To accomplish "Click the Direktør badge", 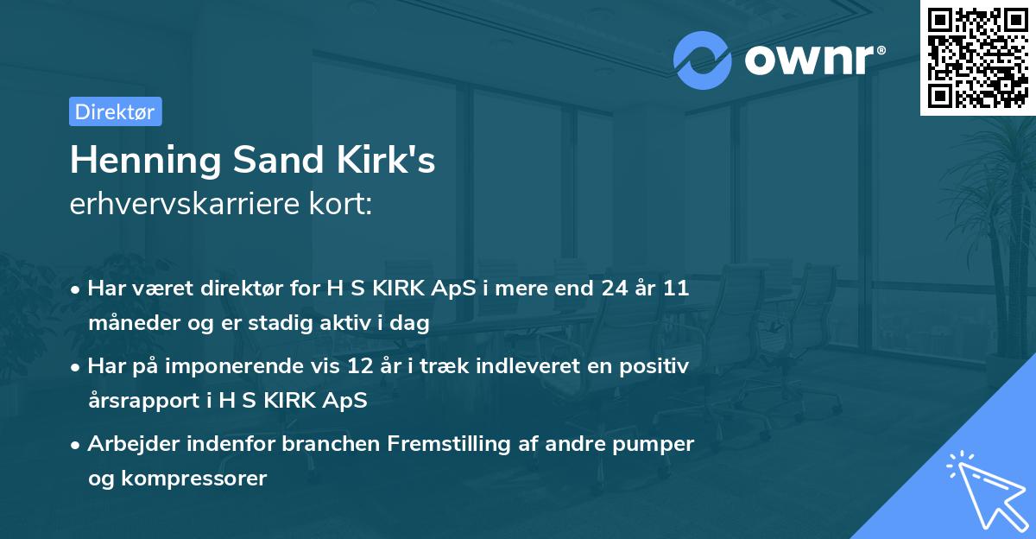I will point(115,111).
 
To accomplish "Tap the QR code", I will point(977,58).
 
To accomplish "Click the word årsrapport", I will point(142,400).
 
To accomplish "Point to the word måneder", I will point(127,322).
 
